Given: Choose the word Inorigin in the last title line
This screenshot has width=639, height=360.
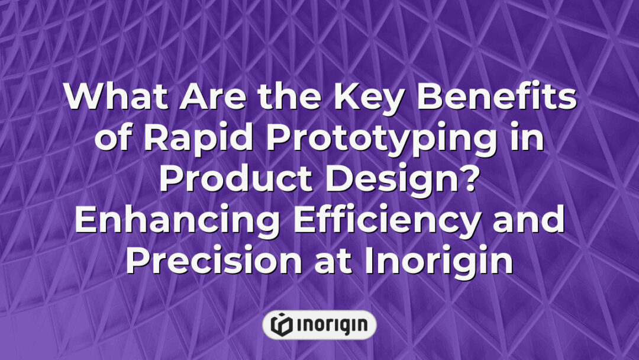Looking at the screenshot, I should click(x=438, y=262).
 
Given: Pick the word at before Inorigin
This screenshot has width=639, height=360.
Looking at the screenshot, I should click(x=338, y=262).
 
